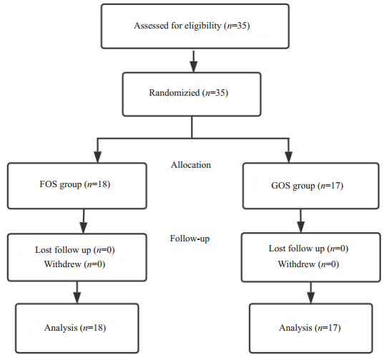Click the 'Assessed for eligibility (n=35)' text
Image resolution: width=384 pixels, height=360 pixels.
click(x=192, y=26)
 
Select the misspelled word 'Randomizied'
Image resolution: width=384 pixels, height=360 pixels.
click(x=174, y=93)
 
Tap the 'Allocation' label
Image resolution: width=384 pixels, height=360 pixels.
click(x=191, y=165)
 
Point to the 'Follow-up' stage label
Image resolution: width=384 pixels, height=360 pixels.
click(x=189, y=239)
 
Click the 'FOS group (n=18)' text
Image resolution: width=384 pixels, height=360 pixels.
click(x=75, y=184)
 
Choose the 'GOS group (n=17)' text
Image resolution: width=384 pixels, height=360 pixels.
click(x=307, y=186)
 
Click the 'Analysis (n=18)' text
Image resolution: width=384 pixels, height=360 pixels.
click(x=75, y=327)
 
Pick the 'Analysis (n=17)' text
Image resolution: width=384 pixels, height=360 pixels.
click(x=310, y=328)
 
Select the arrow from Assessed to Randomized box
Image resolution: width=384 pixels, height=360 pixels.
click(x=194, y=61)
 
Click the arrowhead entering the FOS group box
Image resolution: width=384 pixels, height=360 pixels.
click(x=98, y=157)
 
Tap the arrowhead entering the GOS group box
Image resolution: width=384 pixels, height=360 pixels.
click(x=289, y=157)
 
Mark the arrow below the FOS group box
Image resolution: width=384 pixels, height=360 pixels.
click(x=84, y=221)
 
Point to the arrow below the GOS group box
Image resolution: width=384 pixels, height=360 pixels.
click(x=301, y=221)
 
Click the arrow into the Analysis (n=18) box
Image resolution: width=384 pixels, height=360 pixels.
click(x=77, y=293)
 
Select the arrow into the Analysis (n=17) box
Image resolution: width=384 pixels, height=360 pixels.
click(x=311, y=293)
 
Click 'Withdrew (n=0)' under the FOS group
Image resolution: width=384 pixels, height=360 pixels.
click(x=74, y=264)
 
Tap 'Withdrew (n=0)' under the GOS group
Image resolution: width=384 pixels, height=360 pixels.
click(x=309, y=264)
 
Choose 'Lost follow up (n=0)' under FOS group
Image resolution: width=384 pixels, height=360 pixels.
click(x=75, y=250)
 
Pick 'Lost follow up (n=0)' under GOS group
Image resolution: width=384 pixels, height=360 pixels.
click(x=309, y=249)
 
